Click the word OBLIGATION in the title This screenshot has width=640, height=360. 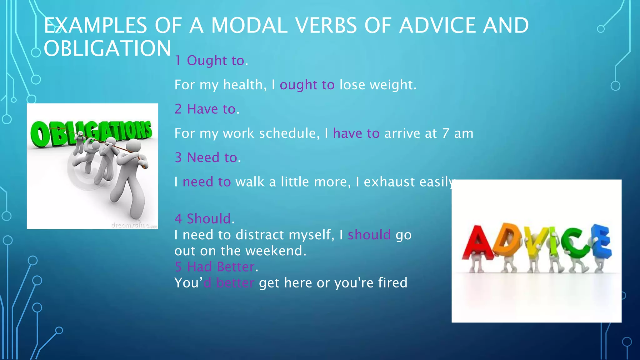[107, 48]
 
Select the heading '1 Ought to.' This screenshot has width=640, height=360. [211, 60]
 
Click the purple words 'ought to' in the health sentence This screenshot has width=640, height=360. [307, 85]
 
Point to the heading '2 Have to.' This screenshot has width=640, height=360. [207, 109]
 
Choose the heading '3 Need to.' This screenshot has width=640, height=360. [208, 157]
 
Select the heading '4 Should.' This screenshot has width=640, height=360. [204, 218]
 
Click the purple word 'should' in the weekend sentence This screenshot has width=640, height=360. [369, 235]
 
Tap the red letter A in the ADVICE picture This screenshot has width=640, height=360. [477, 242]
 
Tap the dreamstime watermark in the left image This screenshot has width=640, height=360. [134, 225]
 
